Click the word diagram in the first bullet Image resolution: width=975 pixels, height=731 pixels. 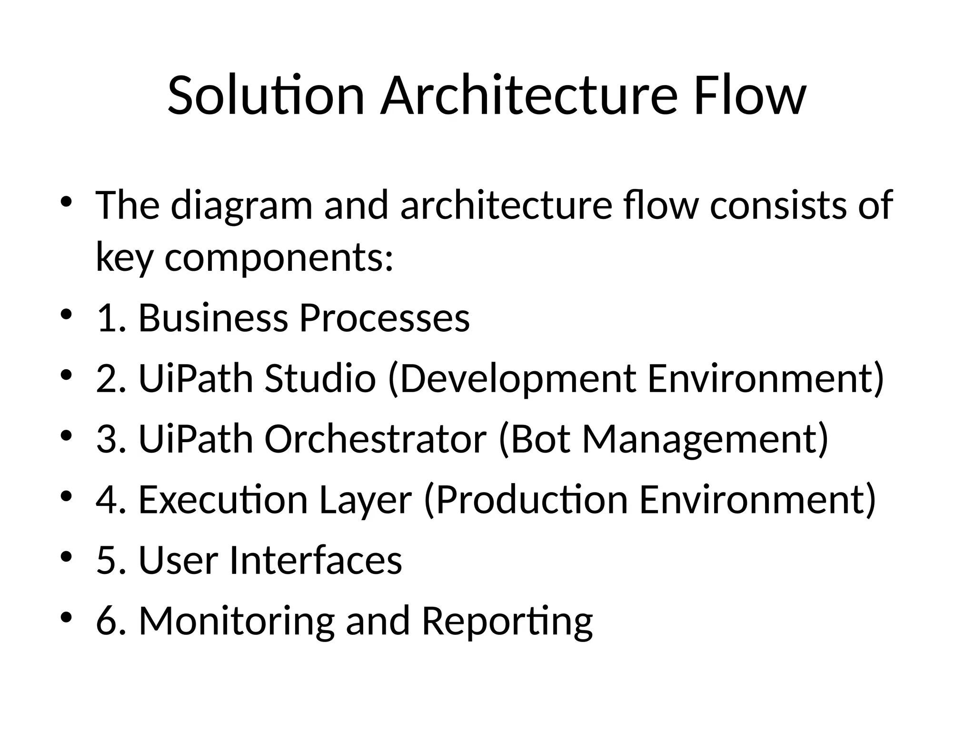241,206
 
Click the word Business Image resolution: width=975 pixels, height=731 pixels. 213,318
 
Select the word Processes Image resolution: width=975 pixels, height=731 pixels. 385,318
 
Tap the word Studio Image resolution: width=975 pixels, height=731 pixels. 320,378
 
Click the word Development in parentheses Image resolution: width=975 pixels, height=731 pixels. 517,378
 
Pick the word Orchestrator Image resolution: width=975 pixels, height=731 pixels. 375,439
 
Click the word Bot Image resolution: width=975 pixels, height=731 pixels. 539,439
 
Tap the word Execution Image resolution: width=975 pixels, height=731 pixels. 223,500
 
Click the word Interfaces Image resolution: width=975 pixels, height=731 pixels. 316,560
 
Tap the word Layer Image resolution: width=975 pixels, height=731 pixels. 365,500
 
